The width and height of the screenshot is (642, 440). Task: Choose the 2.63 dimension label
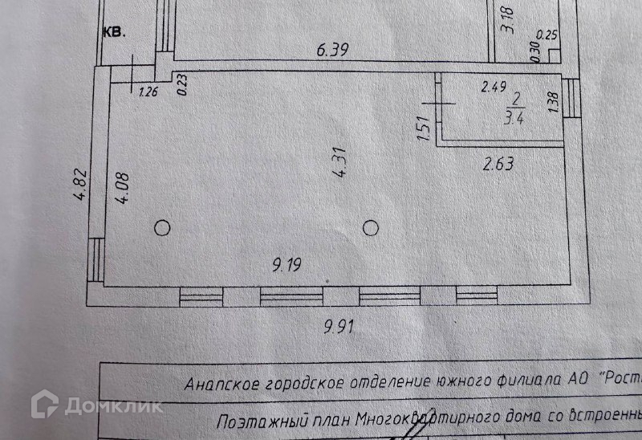click(x=498, y=165)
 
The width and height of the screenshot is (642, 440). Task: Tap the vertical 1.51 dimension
click(x=425, y=129)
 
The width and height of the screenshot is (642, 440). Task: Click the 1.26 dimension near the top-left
click(x=148, y=91)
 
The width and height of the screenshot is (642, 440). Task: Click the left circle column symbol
click(x=162, y=228)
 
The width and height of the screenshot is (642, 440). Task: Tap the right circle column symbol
click(x=370, y=228)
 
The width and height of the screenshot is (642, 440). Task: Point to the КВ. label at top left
click(x=113, y=33)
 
